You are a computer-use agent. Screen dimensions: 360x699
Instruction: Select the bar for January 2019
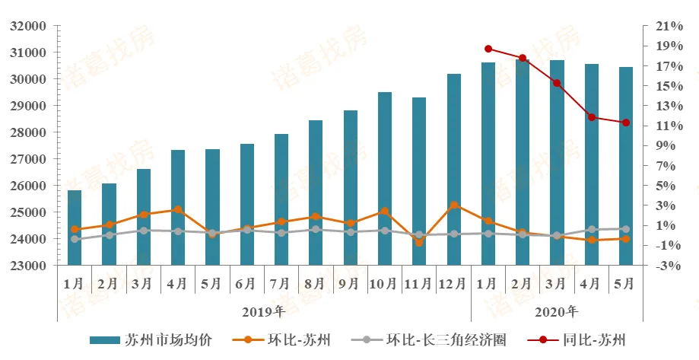[x=75, y=228]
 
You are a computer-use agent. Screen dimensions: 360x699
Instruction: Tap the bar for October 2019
[x=385, y=179]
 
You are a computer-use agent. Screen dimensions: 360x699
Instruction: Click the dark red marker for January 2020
[x=488, y=49]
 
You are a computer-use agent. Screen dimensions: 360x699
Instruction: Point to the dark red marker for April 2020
[x=591, y=117]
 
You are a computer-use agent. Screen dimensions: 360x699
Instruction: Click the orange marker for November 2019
[x=419, y=243]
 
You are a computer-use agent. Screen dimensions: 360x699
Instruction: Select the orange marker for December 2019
[x=453, y=205]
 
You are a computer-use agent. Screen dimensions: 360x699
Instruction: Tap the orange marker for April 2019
[x=177, y=209]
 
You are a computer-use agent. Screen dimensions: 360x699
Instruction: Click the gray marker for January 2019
[x=75, y=239]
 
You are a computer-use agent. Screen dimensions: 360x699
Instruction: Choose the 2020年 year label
[x=557, y=311]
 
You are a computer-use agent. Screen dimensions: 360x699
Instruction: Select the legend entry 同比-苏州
[x=585, y=340]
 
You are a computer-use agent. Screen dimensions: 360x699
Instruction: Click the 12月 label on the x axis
[x=453, y=284]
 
